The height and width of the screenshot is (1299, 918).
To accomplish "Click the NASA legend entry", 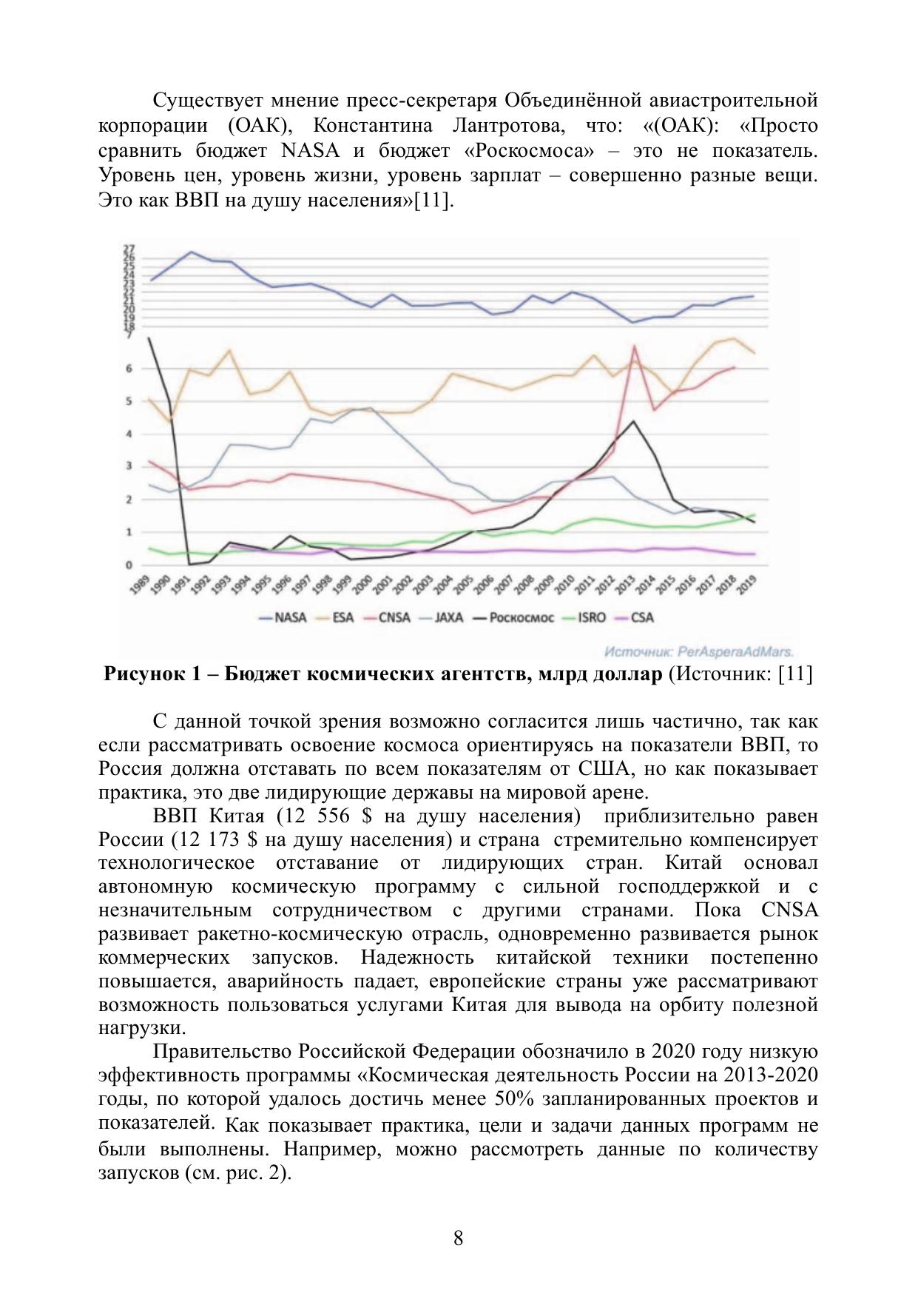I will coord(283,617).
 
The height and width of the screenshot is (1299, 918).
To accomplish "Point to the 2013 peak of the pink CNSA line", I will coord(634,346).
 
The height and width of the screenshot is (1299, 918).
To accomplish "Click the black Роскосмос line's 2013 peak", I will coord(633,421).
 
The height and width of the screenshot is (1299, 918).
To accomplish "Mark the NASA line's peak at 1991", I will coord(192,252).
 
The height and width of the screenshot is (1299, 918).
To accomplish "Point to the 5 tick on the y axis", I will coord(129,401).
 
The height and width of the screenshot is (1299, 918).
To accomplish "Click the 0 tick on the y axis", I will coord(129,565).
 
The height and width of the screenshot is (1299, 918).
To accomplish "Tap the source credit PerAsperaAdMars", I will coord(698,652).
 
